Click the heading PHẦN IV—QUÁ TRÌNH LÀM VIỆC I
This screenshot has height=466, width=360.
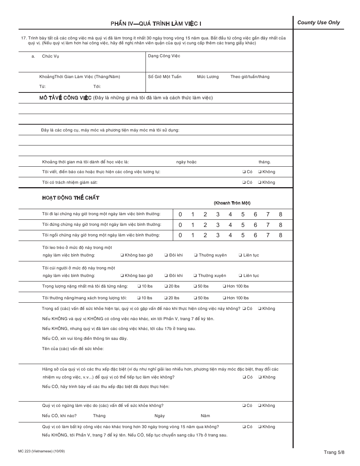point(156,23)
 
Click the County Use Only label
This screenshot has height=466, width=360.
point(318,22)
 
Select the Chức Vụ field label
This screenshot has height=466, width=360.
point(50,56)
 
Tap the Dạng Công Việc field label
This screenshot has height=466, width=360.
point(164,56)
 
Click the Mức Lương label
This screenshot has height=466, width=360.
point(208,77)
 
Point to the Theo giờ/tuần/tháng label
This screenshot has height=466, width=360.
point(250,77)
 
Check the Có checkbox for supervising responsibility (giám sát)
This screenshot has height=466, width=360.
point(244,182)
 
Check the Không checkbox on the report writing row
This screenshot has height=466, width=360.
point(260,172)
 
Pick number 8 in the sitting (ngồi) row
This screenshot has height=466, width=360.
point(280,235)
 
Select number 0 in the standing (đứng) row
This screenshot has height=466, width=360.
point(180,225)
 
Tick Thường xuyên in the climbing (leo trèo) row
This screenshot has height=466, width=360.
point(196,255)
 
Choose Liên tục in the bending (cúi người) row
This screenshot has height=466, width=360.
point(240,275)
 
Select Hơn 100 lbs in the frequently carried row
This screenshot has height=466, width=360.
point(224,298)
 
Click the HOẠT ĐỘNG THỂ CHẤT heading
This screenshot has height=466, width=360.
point(70,198)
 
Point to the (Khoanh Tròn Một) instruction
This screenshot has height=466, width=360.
point(232,203)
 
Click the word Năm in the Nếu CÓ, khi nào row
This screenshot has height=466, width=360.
point(205,416)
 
